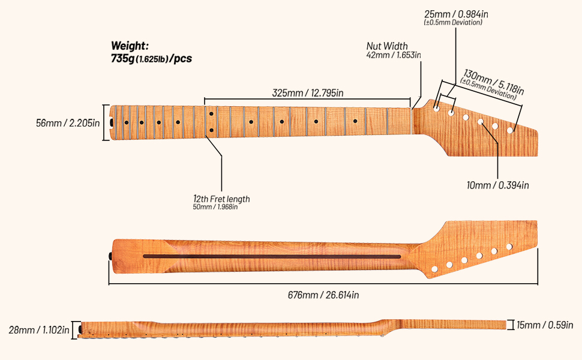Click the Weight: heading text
pos(130,46)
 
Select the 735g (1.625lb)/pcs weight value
pos(151,59)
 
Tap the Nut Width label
pos(387,46)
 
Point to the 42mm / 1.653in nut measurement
pos(394,55)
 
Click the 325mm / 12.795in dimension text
pos(308,93)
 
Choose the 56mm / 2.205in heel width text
pos(68,123)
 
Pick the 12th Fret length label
pos(221,199)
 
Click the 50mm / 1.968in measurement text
pos(215,207)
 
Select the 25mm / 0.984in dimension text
pos(456,14)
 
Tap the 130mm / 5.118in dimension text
pos(494,82)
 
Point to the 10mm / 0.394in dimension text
pos(498,185)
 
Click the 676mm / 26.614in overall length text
pos(323,295)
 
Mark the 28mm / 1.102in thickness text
pos(39,330)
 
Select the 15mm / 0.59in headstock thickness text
pos(545,325)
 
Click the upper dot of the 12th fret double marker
pos(211,113)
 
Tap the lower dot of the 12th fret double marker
pos(211,130)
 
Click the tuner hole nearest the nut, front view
pos(436,109)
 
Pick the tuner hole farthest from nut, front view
pos(510,130)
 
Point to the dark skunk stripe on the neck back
pos(272,256)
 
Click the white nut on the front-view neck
pos(412,121)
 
